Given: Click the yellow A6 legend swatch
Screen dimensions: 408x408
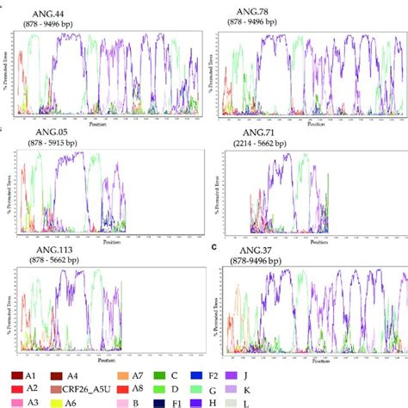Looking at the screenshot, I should (x=84, y=402).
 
